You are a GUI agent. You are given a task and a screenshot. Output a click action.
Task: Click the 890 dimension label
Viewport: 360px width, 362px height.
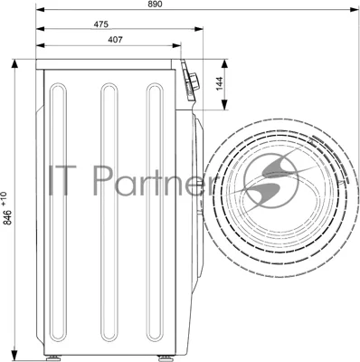(x=155, y=4)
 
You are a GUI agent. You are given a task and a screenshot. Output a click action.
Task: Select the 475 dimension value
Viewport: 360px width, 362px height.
(x=100, y=24)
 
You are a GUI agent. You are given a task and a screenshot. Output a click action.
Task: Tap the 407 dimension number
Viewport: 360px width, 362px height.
(x=115, y=40)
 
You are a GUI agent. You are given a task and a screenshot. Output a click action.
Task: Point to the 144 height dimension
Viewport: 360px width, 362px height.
(x=220, y=83)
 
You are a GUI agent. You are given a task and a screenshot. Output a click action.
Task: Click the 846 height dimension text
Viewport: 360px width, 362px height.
(x=8, y=217)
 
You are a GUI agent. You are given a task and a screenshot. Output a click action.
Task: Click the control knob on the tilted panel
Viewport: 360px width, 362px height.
(x=194, y=81)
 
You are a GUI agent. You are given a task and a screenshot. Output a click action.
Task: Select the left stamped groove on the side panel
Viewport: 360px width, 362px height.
(x=59, y=212)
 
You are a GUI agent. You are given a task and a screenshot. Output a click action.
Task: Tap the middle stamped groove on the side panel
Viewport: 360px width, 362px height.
(x=109, y=212)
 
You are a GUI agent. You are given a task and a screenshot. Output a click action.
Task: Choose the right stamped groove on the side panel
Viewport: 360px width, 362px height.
(x=155, y=212)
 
